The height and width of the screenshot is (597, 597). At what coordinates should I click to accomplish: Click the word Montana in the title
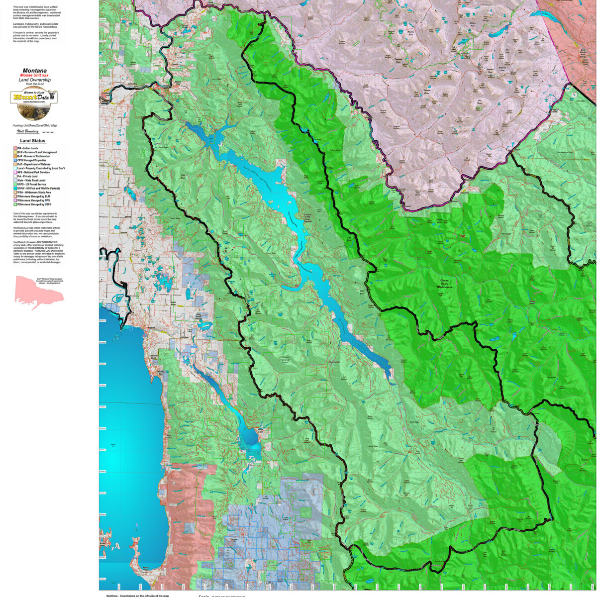(x=34, y=71)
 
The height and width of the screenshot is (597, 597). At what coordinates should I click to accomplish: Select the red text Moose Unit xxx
(x=34, y=75)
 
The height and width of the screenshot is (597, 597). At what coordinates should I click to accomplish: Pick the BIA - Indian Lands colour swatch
(x=15, y=148)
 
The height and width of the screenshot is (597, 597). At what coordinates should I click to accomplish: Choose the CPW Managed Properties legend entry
(x=32, y=160)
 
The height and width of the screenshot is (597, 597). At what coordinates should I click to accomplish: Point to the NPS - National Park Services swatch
(x=15, y=172)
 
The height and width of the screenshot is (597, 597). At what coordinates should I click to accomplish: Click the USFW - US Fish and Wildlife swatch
(x=15, y=188)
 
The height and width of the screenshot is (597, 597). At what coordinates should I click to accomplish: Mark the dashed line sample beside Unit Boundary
(x=47, y=132)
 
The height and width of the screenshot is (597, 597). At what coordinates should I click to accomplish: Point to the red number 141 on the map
(x=463, y=236)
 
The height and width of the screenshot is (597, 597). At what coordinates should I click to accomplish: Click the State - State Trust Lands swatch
(x=15, y=180)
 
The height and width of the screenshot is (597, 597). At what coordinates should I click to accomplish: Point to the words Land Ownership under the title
(x=34, y=80)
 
